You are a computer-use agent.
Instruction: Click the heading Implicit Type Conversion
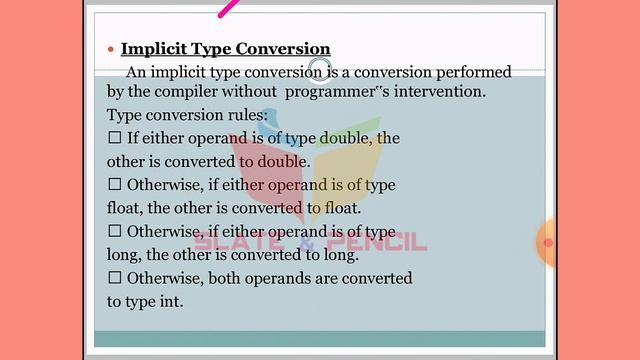pos(225,49)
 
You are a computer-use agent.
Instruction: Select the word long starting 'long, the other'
pos(123,254)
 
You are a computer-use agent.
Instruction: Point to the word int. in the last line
pos(170,300)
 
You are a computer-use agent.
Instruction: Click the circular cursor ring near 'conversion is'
pos(319,70)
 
